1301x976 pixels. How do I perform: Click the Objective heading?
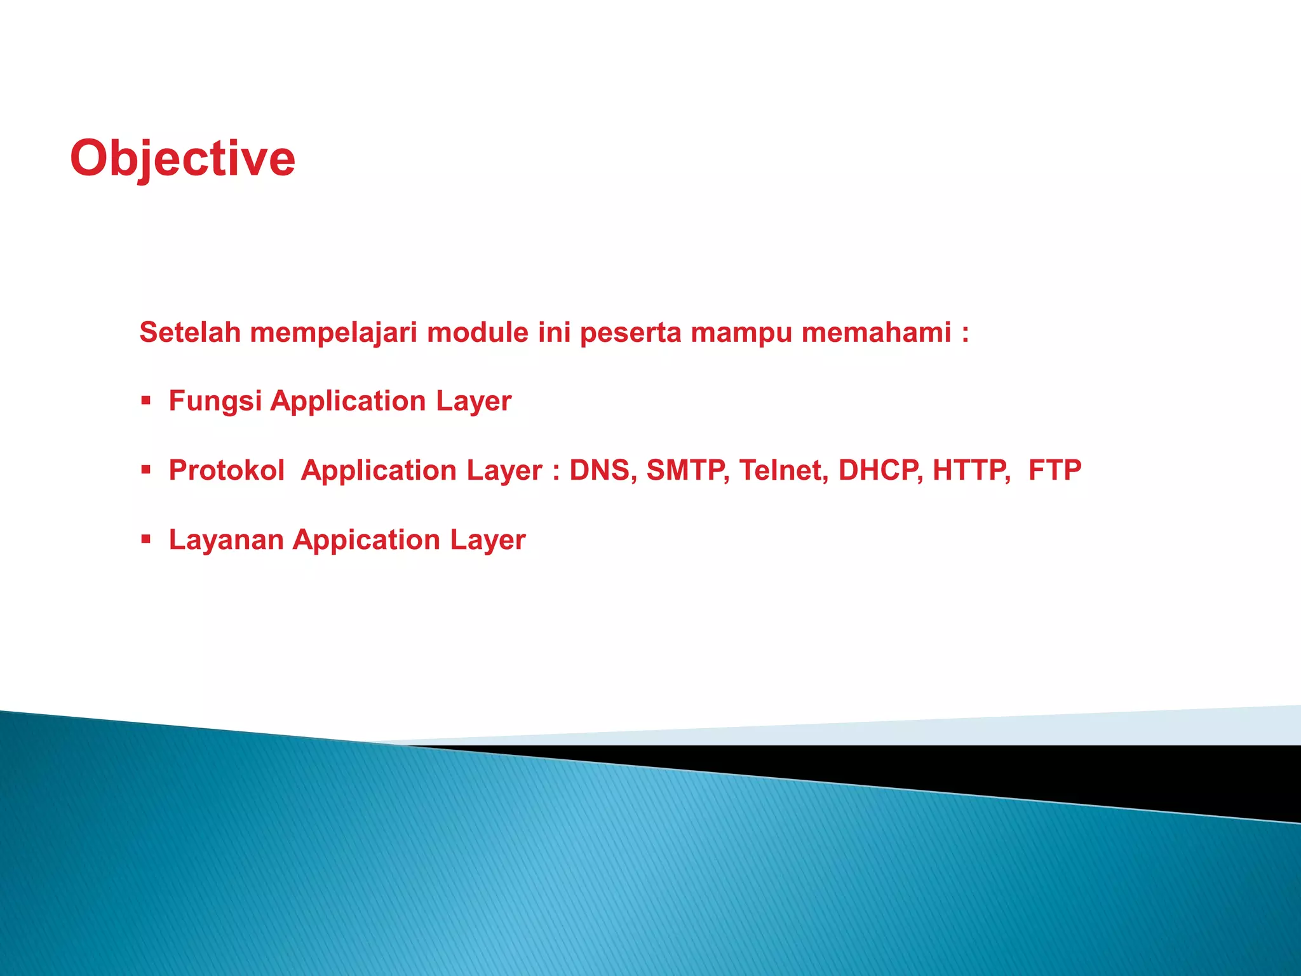[x=182, y=159]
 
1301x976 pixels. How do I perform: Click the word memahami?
[x=876, y=332]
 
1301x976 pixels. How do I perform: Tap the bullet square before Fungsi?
[x=146, y=400]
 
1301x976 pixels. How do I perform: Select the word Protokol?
[x=226, y=471]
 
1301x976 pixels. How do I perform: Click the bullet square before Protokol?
[x=146, y=470]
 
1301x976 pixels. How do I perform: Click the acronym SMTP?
[x=687, y=471]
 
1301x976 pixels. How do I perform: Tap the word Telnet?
[x=783, y=471]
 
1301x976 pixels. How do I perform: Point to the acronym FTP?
[x=1055, y=471]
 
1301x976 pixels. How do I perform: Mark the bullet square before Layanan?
[x=146, y=539]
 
